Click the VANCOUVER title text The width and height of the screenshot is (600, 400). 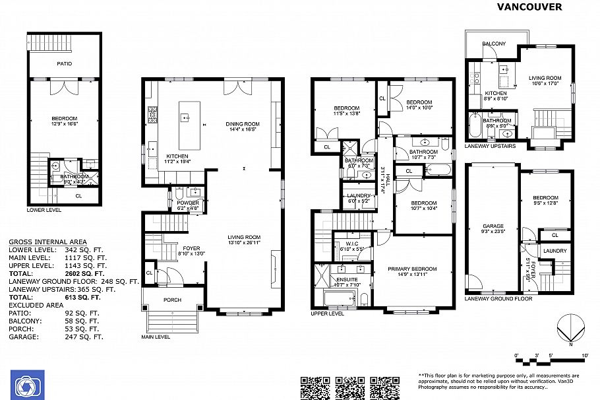tap(529, 7)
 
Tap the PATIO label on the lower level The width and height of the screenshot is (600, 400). tap(64, 63)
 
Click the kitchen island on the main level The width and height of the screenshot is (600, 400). tap(185, 118)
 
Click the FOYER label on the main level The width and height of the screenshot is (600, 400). tap(191, 248)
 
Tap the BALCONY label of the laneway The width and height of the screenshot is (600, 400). tap(494, 44)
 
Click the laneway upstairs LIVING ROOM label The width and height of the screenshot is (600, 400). tap(545, 79)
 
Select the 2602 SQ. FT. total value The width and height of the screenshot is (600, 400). tap(84, 273)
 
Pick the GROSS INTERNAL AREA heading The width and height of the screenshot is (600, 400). tap(47, 242)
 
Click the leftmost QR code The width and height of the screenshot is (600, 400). tap(315, 387)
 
